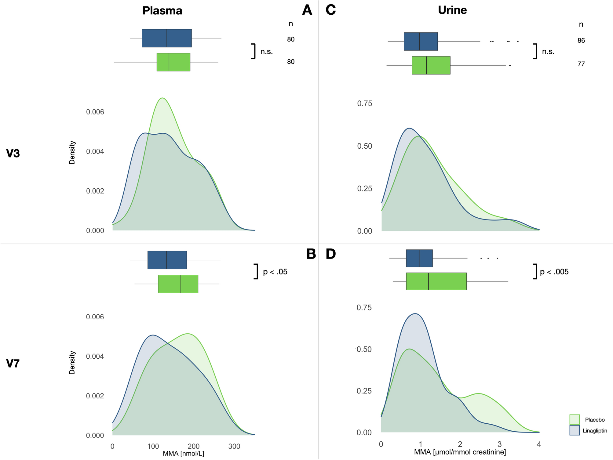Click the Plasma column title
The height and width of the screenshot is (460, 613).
pos(162,11)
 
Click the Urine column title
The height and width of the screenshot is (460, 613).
pos(452,10)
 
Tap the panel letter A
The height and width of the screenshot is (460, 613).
pos(307,10)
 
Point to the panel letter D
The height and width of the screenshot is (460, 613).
pos(330,254)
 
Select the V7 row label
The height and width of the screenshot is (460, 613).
pos(13,364)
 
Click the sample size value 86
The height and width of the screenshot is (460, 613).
pos(581,40)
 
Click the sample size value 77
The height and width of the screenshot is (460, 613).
pos(581,64)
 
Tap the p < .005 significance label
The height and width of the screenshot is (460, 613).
pos(554,272)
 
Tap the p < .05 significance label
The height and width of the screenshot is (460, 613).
pos(275,272)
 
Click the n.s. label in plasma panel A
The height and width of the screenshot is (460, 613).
pos(266,52)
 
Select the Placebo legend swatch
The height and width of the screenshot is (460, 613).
pos(574,419)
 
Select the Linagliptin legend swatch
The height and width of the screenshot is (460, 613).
pos(574,430)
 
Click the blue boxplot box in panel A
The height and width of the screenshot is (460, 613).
pos(166,38)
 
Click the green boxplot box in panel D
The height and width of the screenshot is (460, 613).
pos(436,281)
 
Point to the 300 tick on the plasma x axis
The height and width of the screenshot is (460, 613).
pos(234,446)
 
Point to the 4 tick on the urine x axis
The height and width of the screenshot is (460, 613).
pos(539,444)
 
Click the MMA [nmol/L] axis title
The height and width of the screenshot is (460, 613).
pos(183,454)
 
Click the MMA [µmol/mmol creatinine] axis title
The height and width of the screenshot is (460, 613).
pos(460,452)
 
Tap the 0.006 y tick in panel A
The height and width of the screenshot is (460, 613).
pos(95,112)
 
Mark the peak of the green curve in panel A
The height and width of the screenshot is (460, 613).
pos(162,98)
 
